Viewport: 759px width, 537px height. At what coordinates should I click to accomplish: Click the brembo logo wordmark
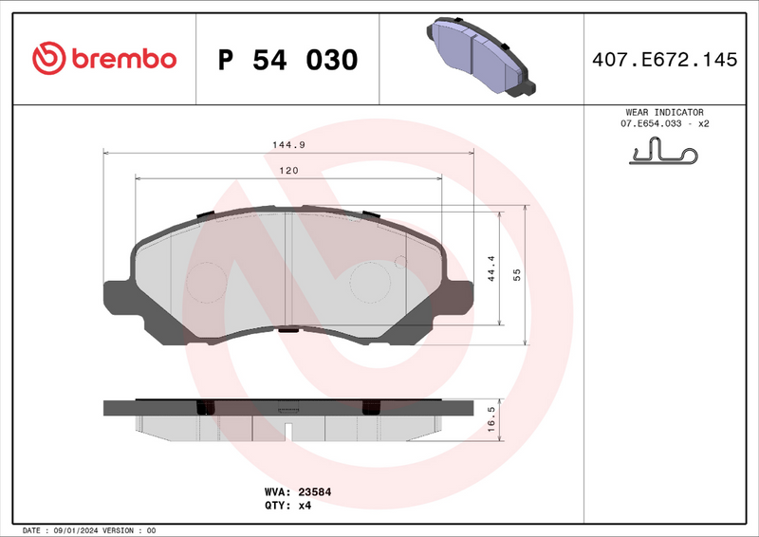coord(121,58)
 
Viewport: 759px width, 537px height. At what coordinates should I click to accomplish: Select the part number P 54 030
coord(287,60)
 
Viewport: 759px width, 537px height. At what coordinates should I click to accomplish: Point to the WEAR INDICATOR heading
coord(664,112)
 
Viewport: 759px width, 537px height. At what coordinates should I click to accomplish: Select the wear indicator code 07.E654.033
coord(653,124)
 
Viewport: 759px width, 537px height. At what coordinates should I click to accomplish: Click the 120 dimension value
coord(288,171)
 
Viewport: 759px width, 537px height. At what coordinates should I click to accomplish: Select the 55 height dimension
coord(517,275)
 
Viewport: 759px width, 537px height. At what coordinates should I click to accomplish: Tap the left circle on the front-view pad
coord(207,282)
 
